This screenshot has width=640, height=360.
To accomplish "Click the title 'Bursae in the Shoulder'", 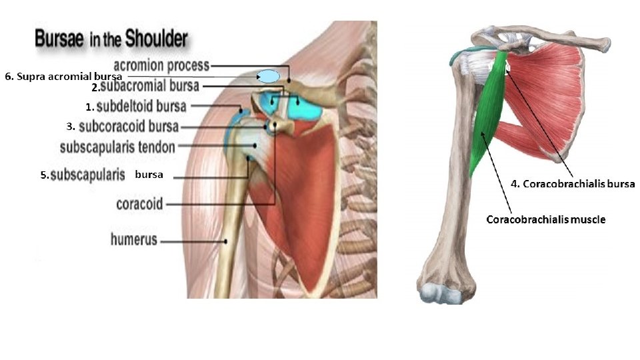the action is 111,39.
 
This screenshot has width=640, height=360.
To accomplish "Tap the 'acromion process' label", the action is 162,65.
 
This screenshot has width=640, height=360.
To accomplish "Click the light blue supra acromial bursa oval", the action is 269,77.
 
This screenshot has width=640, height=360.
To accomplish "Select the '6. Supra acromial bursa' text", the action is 63,77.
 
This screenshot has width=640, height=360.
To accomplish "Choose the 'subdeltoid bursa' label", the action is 141,106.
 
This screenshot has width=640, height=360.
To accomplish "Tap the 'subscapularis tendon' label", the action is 117,147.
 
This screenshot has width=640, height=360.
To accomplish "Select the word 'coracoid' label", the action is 139,204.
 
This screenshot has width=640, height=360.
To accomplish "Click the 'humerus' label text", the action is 133,239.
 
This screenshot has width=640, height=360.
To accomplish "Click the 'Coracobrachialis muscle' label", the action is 546,219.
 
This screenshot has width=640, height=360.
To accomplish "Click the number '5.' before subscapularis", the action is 44,176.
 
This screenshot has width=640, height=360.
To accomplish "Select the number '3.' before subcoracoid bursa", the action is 70,126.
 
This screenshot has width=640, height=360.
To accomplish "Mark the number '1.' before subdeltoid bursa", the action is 89,107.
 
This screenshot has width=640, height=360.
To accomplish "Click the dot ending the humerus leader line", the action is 227,241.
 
